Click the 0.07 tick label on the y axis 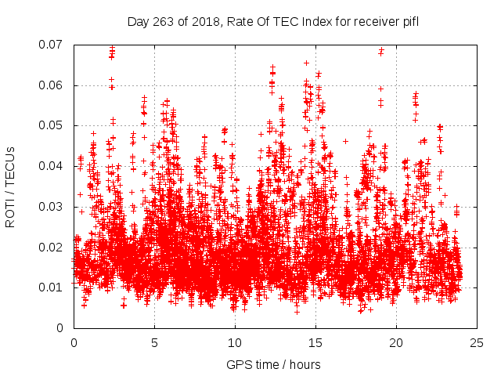tap(52, 45)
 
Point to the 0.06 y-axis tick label tap(52, 85)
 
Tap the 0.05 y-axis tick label tap(52, 125)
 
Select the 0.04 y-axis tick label tap(52, 166)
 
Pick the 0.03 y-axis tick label tap(52, 207)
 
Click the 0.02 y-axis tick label tap(52, 247)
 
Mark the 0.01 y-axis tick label tap(52, 287)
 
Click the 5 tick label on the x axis tap(154, 342)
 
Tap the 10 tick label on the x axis tap(235, 342)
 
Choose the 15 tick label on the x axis tap(315, 342)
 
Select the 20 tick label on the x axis tap(396, 342)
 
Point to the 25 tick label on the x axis tap(477, 342)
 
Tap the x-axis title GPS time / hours tap(275, 364)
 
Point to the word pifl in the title tap(409, 22)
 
